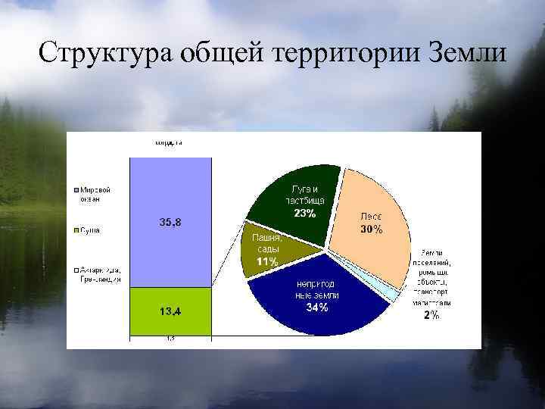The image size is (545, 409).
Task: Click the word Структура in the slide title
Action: [98, 54]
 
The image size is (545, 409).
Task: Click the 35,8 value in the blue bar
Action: [170, 222]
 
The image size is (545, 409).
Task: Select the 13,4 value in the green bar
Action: [170, 311]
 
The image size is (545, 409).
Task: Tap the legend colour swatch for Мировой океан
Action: [76, 190]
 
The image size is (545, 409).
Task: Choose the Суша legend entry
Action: [89, 229]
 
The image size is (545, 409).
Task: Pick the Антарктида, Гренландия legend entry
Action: [97, 275]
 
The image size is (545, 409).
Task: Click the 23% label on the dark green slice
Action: [305, 214]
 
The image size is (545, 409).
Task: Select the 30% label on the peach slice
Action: [371, 229]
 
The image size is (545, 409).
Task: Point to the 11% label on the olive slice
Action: [266, 261]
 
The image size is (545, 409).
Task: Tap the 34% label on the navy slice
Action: [316, 308]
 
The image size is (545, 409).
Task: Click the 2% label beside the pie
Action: [431, 316]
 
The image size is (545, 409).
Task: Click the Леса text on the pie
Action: [371, 216]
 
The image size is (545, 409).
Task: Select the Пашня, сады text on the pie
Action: [266, 243]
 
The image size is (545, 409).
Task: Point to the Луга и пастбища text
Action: [305, 195]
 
